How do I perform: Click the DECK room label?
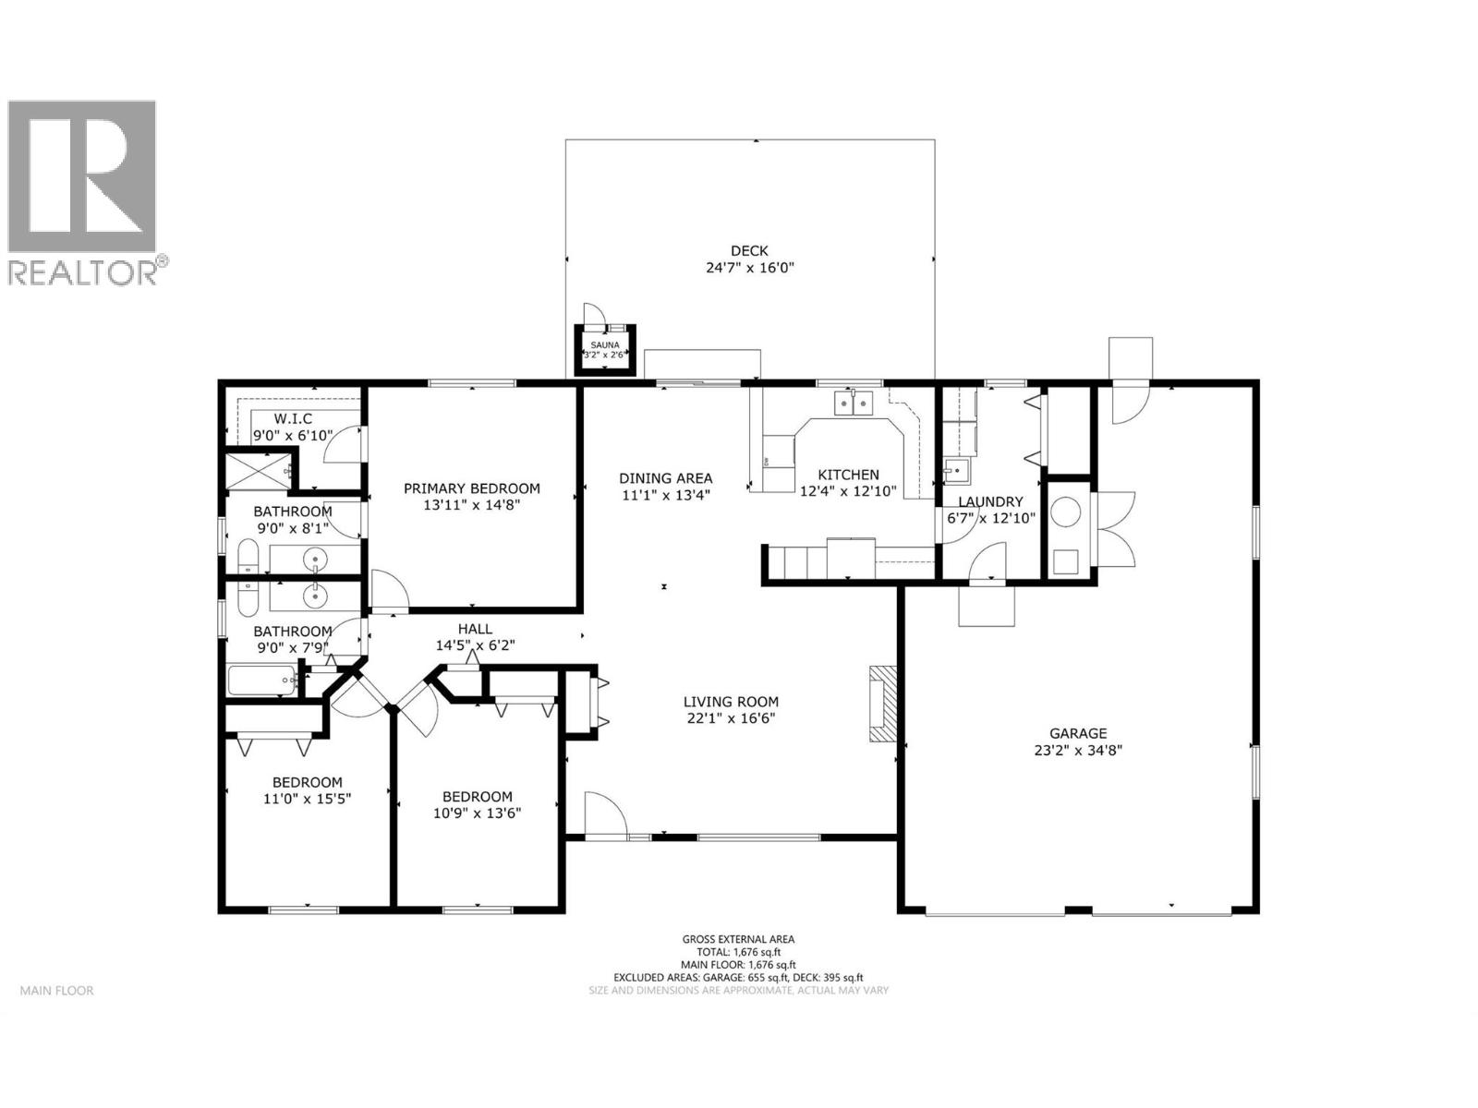tap(749, 250)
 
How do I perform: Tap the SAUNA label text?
tap(605, 344)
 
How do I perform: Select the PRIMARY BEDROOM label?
tap(472, 488)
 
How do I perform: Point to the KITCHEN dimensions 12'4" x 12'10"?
tap(848, 491)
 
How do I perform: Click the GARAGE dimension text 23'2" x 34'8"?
tap(1078, 751)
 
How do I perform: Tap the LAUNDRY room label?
tap(990, 502)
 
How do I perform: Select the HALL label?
tap(475, 629)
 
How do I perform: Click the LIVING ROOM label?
tap(731, 702)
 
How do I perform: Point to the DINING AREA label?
tap(665, 477)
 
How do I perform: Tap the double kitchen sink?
tap(854, 403)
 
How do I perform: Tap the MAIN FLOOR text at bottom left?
tap(57, 991)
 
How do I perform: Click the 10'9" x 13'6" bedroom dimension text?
tap(477, 813)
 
